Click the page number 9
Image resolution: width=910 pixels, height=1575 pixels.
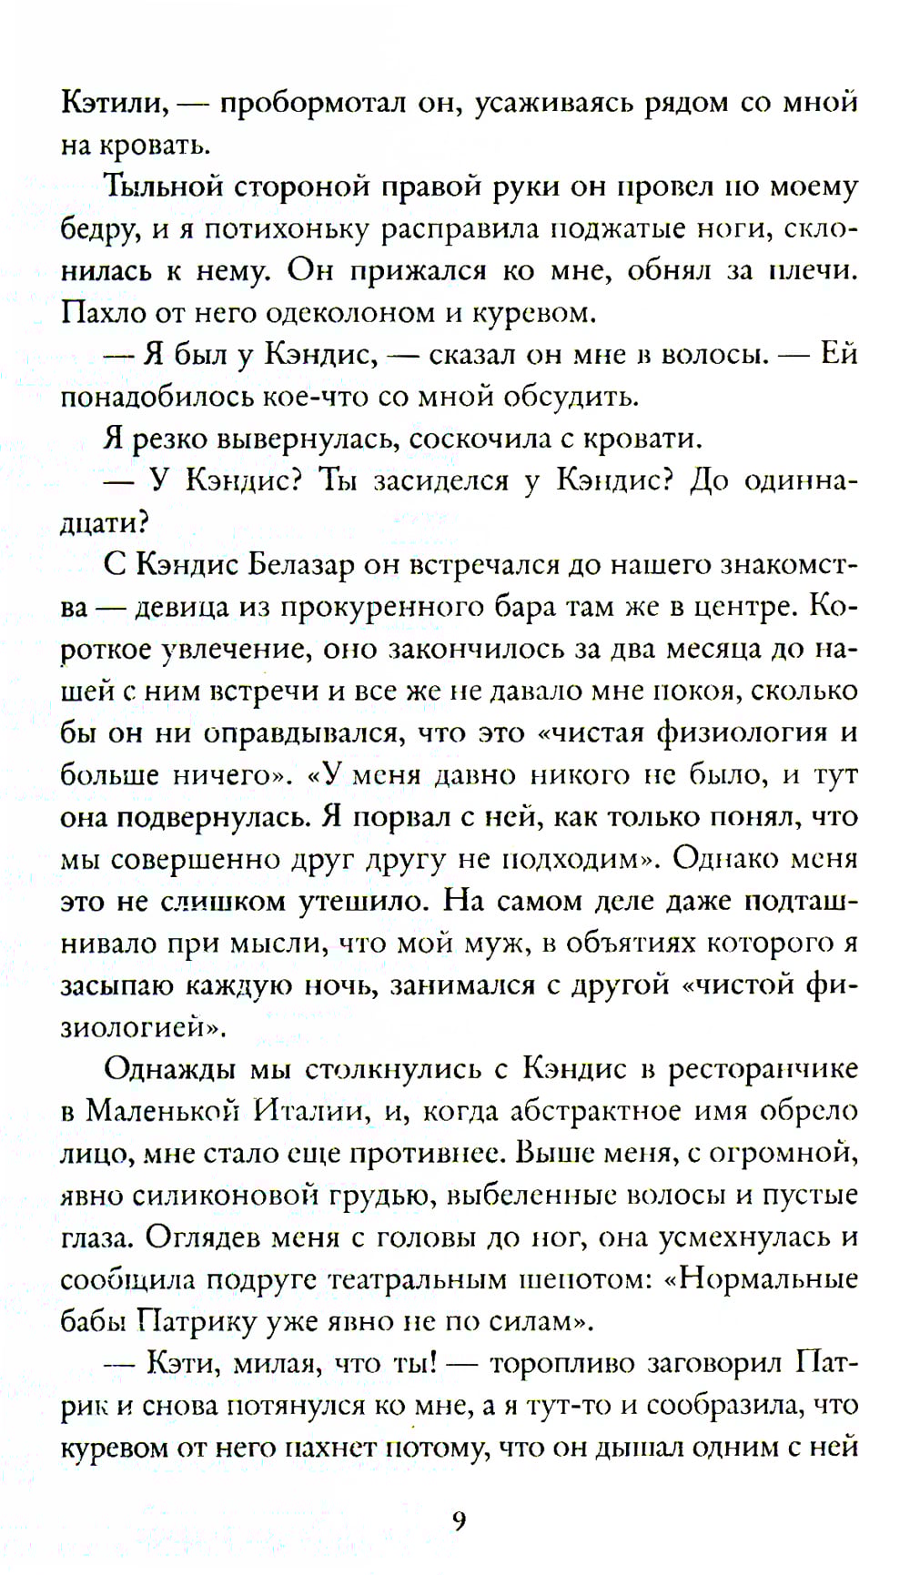tap(459, 1520)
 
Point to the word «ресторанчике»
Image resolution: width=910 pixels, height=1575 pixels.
tap(763, 1068)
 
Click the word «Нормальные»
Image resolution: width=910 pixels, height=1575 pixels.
tap(768, 1279)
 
